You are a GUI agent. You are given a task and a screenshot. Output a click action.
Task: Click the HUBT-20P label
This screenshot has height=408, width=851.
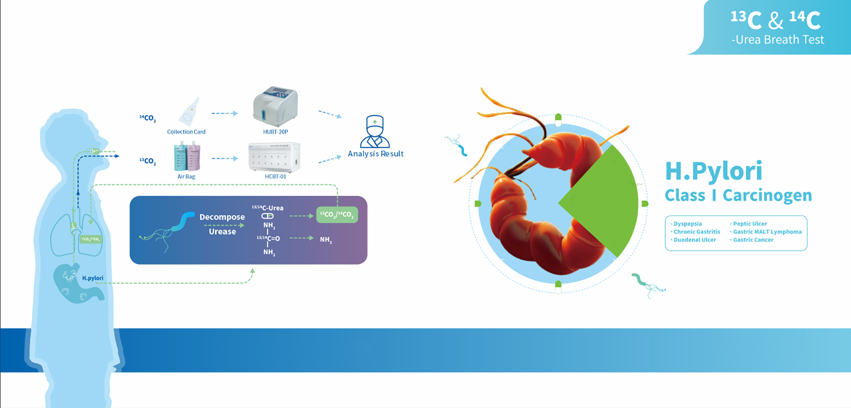coord(275,132)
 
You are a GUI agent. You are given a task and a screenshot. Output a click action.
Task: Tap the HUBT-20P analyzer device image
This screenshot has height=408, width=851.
coord(275,107)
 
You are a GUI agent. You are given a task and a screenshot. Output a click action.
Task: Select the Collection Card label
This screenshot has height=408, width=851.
coord(186,132)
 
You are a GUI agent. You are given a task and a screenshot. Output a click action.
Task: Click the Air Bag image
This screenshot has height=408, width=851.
coord(187,157)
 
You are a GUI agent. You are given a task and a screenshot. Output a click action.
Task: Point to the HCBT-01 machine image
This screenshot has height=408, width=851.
coord(274,157)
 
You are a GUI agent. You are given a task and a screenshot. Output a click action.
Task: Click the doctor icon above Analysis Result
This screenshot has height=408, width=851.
coord(375,131)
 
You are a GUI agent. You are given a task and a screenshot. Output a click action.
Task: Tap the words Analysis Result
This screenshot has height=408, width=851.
coord(375,154)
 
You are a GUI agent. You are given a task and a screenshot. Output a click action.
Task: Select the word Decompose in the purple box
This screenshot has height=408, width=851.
coord(222,217)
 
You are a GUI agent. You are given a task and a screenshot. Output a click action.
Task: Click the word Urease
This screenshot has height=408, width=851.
coord(222,231)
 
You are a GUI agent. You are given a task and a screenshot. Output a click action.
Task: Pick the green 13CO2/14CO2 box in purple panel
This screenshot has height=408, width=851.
coord(337,215)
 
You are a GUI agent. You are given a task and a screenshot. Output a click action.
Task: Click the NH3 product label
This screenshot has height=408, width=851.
coord(326,239)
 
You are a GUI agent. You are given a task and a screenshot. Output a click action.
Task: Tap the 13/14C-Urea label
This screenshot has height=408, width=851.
coord(268,208)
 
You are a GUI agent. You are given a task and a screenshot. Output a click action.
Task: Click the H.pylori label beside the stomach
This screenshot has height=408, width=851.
coord(92,278)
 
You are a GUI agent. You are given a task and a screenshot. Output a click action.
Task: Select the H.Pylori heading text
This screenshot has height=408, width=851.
coord(714,171)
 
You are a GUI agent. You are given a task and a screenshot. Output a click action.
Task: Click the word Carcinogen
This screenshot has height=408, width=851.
coord(767,195)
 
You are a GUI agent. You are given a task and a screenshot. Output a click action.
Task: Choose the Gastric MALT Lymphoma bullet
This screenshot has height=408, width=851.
coord(767,231)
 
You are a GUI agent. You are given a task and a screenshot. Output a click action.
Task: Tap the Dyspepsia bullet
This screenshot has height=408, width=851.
coord(687,224)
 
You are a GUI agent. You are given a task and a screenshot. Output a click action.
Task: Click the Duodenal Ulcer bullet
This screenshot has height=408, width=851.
coord(695,239)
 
